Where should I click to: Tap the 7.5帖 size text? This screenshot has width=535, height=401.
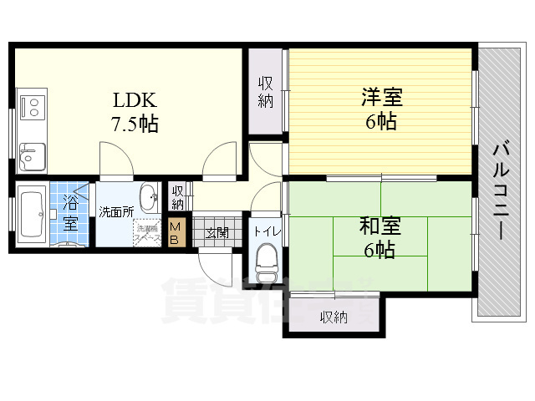[x=135, y=124]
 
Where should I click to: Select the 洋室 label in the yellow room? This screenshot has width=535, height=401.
[x=381, y=98]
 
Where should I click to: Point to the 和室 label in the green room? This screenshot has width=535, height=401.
[x=380, y=226]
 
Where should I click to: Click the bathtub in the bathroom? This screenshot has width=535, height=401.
[x=34, y=215]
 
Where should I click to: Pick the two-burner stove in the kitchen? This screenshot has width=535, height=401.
[x=34, y=107]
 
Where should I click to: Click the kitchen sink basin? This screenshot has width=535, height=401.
[x=33, y=155]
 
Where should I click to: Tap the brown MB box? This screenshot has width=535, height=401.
[x=176, y=233]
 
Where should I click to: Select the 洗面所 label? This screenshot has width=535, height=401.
[x=115, y=212]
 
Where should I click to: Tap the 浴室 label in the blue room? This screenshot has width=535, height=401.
[x=70, y=212]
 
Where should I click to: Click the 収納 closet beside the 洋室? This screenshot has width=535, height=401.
[x=266, y=92]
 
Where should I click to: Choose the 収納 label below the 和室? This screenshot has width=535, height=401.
[x=334, y=317]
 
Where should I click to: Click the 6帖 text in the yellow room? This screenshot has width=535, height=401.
[x=381, y=121]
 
